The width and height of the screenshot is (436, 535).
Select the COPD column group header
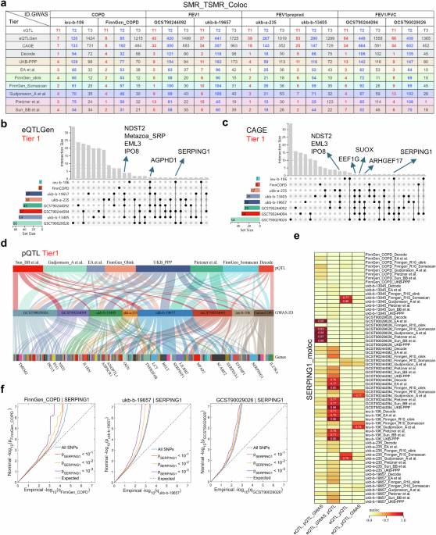tap(99, 15)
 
